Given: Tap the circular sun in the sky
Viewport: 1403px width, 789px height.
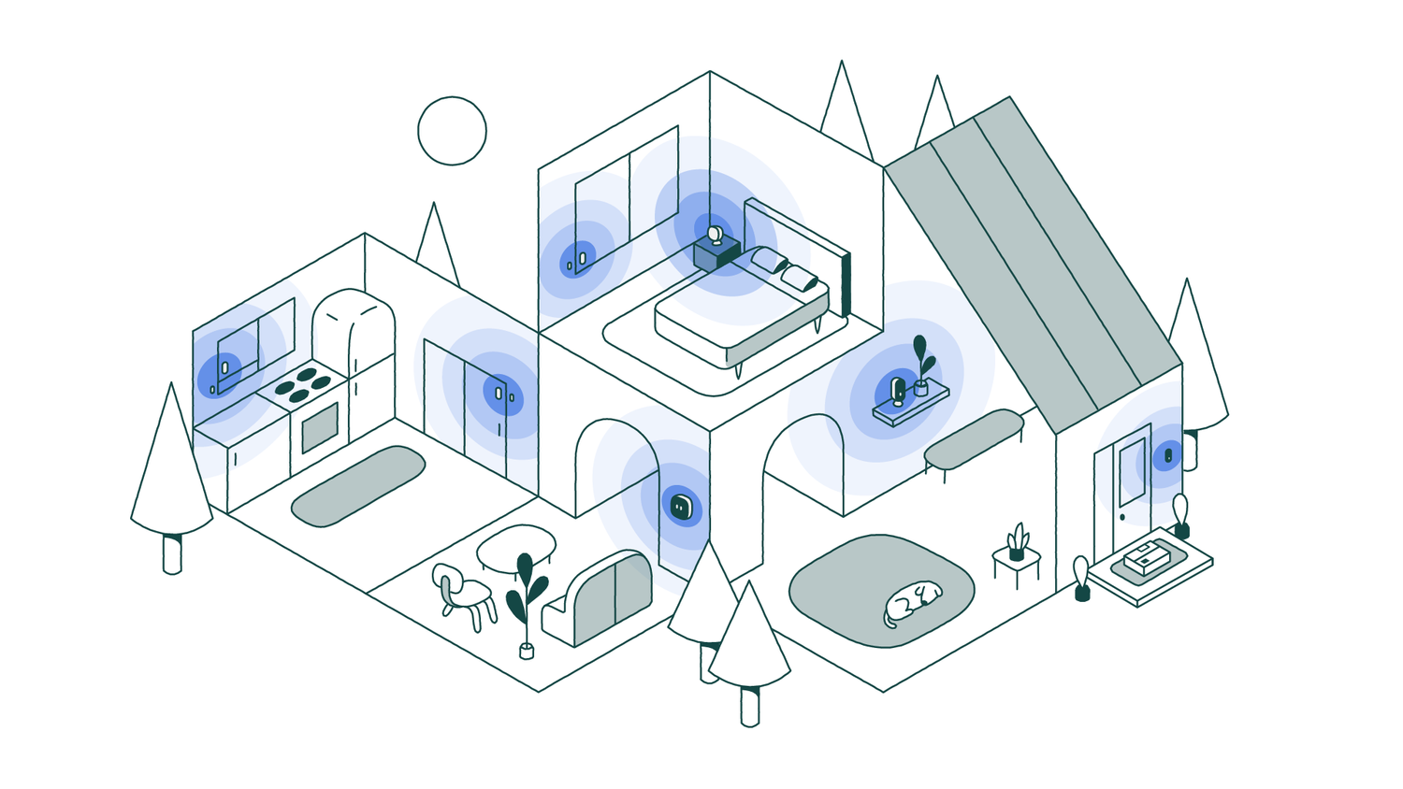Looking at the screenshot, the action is [452, 131].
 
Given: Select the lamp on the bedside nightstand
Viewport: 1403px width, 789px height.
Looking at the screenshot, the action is [716, 235].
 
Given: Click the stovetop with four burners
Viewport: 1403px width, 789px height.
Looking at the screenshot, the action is [302, 384].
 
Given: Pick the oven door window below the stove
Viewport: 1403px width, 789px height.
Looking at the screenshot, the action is [320, 427].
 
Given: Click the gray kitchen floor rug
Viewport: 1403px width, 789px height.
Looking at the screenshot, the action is [358, 485].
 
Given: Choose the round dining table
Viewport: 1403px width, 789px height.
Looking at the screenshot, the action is [515, 546].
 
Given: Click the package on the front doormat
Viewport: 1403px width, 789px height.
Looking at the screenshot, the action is [1148, 558].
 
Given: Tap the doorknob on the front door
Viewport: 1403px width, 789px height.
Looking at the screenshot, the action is [1122, 516].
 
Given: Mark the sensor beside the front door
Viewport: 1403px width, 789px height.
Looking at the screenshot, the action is [1167, 456].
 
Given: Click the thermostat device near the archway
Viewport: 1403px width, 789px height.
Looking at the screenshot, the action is [682, 507].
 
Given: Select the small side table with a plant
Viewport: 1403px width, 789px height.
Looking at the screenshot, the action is [1016, 561].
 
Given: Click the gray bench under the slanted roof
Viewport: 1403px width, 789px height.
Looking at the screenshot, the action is [974, 439].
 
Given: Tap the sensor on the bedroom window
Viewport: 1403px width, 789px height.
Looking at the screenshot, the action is [581, 258].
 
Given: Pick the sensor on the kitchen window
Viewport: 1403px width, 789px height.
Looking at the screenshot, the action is [224, 368].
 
